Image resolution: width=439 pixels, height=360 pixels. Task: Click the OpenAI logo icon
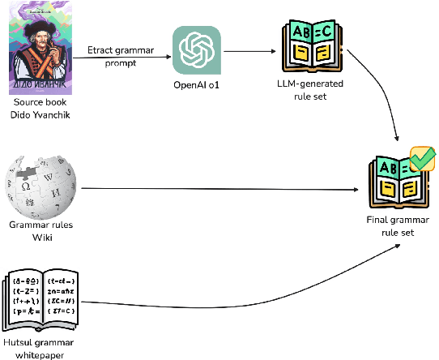[195, 49]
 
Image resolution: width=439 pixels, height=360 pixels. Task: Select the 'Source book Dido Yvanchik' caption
[40, 108]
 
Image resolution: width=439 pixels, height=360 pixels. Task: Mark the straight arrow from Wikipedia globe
[219, 191]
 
